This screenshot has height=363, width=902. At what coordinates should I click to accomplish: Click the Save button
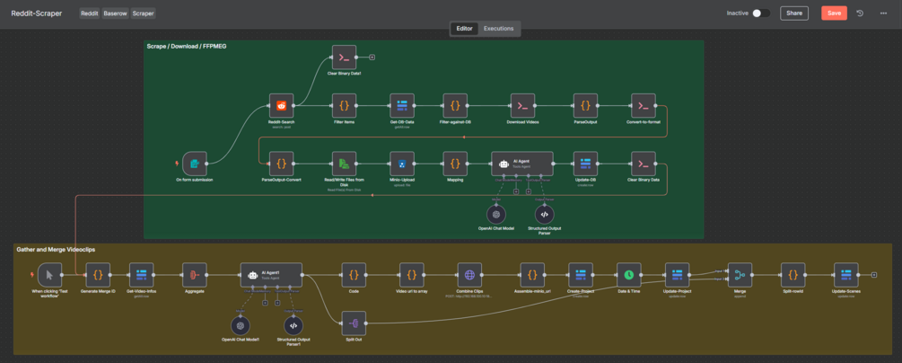pos(834,13)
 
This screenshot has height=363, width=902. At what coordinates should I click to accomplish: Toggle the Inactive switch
pos(760,13)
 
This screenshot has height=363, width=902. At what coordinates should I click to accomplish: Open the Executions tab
pos(498,29)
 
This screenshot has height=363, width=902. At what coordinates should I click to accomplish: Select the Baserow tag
pos(115,13)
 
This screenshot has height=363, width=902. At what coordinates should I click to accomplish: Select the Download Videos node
pos(522,105)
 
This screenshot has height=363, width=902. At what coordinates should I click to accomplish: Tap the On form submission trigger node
pos(195,164)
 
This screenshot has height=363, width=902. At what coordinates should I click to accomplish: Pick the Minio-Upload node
pos(402,164)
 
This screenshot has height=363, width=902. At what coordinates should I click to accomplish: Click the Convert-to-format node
pos(643,105)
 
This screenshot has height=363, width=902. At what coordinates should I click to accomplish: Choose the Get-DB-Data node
pos(402,105)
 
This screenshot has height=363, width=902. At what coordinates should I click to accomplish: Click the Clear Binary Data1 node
pos(344,58)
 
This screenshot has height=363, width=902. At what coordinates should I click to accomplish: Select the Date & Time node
pos(628,274)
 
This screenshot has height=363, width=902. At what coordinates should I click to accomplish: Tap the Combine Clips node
pos(469,274)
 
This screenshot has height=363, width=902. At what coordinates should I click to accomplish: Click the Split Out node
pos(355,322)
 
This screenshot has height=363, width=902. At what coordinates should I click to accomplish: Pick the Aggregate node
pos(194,274)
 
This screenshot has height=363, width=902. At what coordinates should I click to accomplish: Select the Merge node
pos(740,274)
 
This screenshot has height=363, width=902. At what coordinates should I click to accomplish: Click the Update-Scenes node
pos(845,274)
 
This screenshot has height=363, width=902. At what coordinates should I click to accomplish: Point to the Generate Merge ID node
pos(98,274)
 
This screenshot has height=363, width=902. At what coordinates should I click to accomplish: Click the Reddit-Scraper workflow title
pos(37,13)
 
